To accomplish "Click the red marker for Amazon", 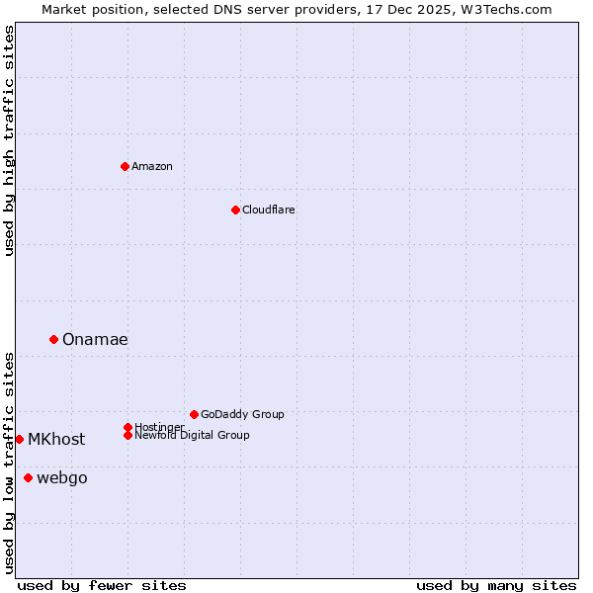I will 125,166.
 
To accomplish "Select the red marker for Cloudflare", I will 235,210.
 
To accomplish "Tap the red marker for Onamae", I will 53,339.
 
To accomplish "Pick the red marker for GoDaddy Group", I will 194,414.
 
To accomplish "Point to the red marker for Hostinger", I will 127,427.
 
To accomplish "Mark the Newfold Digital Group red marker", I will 127,435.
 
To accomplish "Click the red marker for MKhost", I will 19,439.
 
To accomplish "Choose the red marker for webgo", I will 28,478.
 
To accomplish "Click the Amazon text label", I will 151,166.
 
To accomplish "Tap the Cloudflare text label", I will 268,210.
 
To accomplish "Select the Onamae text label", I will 95,339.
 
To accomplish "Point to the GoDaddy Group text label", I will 242,414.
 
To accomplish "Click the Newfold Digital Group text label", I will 192,435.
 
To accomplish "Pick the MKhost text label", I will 56,439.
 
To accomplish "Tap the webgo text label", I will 61,478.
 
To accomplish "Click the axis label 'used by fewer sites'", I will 102,585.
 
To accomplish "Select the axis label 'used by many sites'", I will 496,585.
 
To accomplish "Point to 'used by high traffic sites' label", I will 10,140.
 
